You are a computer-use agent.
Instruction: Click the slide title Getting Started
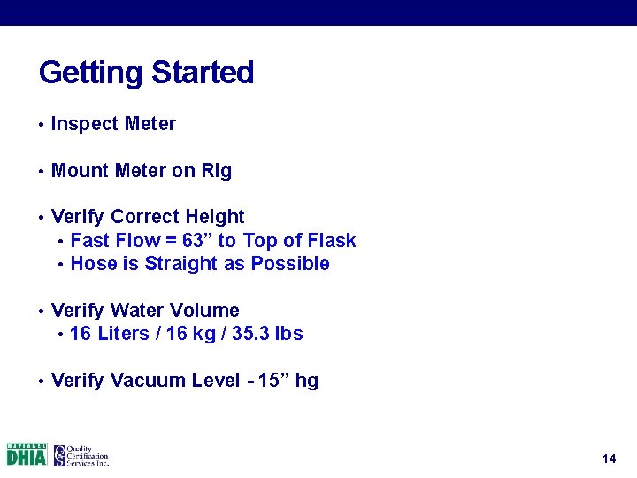(x=146, y=73)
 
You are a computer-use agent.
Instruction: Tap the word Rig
(x=217, y=171)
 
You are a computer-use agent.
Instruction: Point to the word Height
(x=216, y=217)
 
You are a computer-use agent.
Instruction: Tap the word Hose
(x=91, y=264)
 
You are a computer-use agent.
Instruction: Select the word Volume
(x=208, y=311)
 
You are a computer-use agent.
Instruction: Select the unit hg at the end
(x=307, y=382)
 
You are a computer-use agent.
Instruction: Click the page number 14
(x=608, y=459)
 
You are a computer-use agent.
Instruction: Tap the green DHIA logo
(x=27, y=455)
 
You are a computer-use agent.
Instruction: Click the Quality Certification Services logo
(x=81, y=455)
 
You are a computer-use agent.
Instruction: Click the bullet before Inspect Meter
(x=41, y=125)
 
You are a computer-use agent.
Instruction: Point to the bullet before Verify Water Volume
(x=41, y=312)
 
